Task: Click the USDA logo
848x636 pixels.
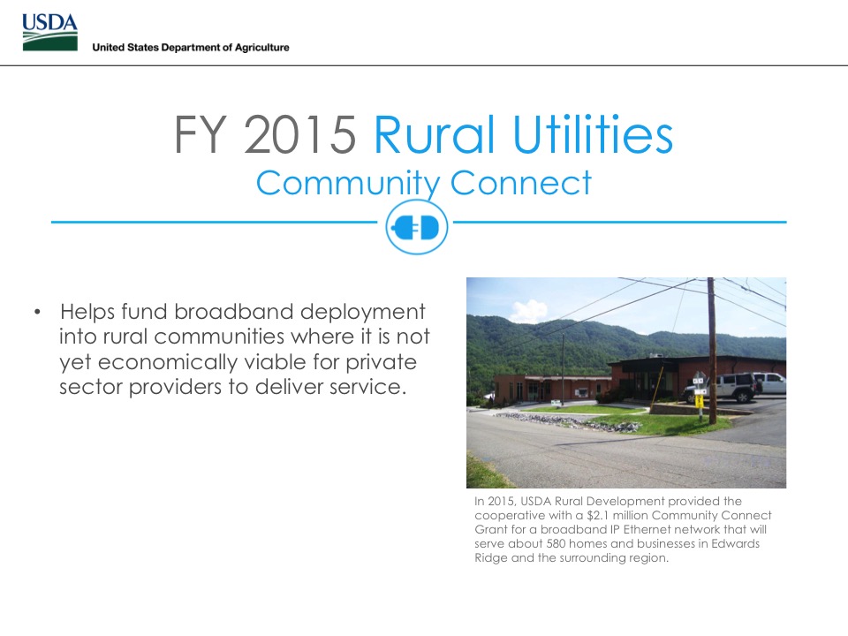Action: click(x=49, y=32)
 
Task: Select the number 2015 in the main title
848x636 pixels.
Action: click(x=300, y=134)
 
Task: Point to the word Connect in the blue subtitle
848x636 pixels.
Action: click(x=521, y=183)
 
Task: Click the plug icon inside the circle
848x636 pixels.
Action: click(x=416, y=228)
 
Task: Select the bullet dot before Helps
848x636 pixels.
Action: click(x=37, y=312)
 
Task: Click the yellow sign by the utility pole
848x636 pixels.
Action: click(x=699, y=401)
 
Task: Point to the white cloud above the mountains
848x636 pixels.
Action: click(x=529, y=311)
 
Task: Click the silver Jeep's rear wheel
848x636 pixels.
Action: click(x=743, y=397)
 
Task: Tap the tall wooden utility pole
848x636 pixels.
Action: click(x=712, y=351)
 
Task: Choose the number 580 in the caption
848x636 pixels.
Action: click(x=556, y=543)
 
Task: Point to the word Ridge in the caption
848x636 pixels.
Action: click(x=491, y=558)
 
